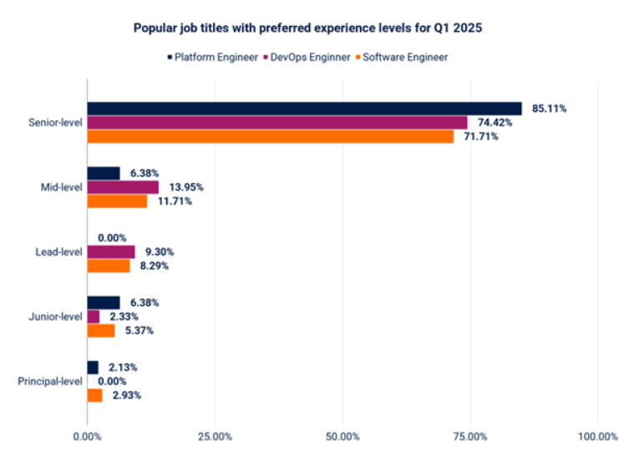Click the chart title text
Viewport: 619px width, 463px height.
click(x=308, y=28)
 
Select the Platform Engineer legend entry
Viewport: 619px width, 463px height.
click(x=212, y=57)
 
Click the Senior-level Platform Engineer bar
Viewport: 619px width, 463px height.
click(x=304, y=109)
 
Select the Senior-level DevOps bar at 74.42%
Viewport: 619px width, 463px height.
click(x=277, y=122)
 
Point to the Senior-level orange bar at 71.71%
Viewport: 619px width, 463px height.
click(x=270, y=136)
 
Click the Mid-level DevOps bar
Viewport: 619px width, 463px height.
click(x=123, y=187)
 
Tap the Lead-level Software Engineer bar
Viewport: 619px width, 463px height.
click(x=109, y=266)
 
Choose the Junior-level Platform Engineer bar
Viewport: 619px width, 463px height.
click(x=104, y=303)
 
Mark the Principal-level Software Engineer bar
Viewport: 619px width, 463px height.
click(x=94, y=395)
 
